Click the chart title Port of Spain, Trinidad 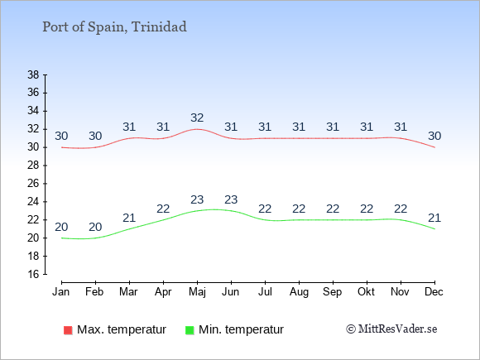pos(114,27)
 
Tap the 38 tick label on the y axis pos(33,74)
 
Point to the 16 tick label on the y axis pos(33,274)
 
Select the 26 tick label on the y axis pos(33,184)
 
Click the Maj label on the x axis pos(197,292)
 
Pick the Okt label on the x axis pos(367,292)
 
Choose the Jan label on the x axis pos(61,292)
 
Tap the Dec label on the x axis pos(434,292)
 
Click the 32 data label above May pos(197,118)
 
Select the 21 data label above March pos(129,218)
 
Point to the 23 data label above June pos(231,199)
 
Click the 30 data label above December pos(434,136)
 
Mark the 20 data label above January pos(61,227)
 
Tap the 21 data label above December pos(434,218)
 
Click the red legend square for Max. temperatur pos(68,330)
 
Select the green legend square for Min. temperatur pos(190,330)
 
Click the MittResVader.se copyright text pos(391,329)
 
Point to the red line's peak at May pos(197,129)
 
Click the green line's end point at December pos(434,228)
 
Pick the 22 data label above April pos(163,209)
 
